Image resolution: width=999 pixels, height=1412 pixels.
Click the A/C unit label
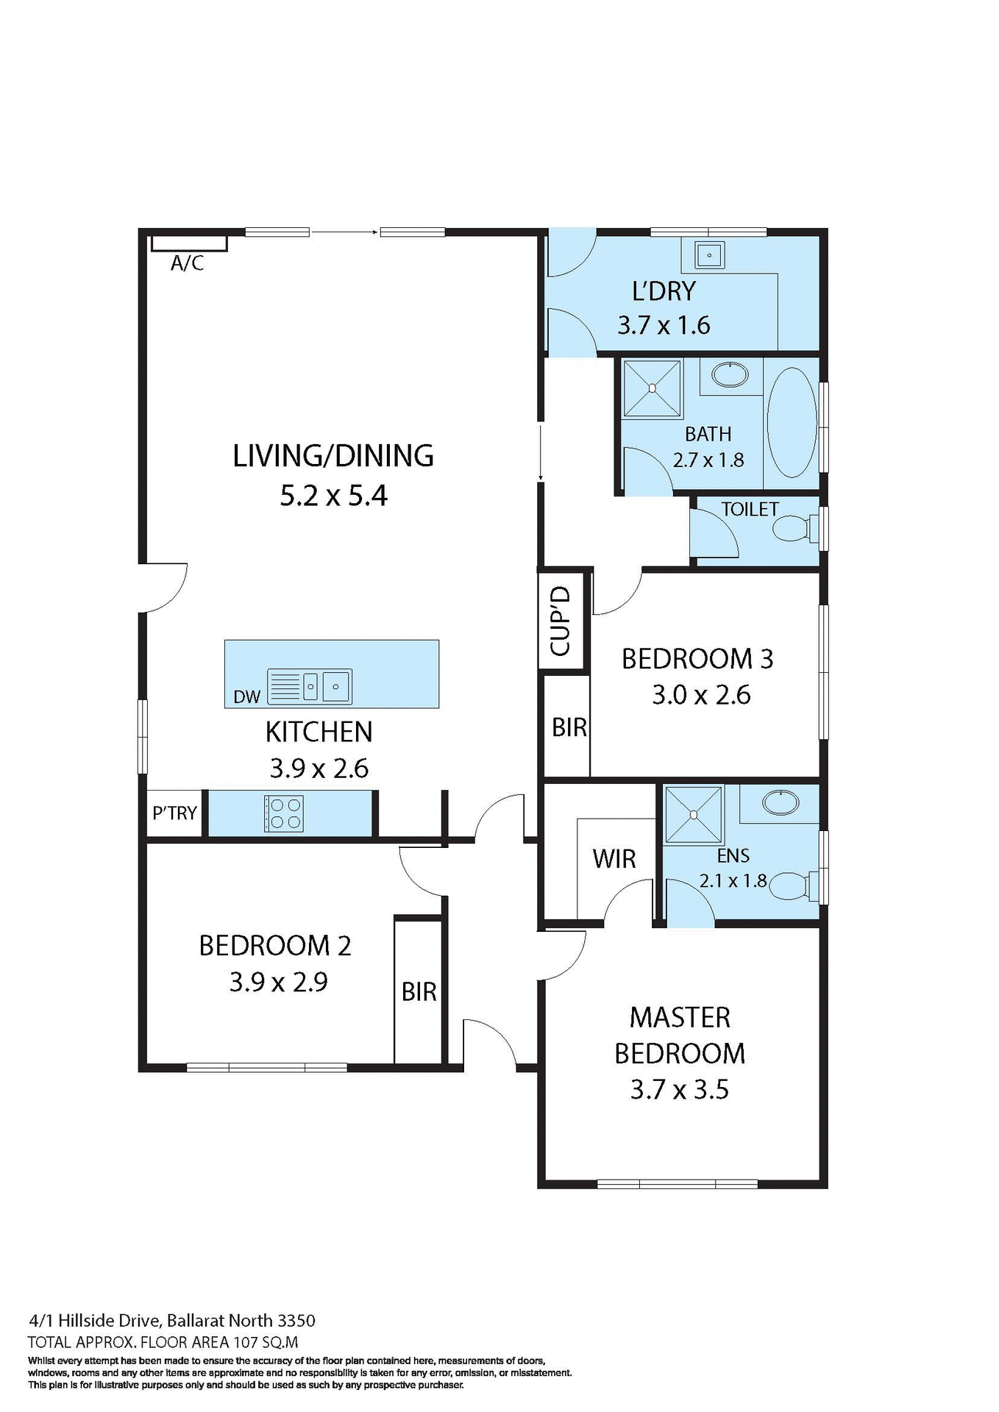click(x=187, y=263)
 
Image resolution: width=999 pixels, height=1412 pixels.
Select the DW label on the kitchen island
click(x=246, y=696)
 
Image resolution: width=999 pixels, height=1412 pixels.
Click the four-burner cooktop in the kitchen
click(x=285, y=813)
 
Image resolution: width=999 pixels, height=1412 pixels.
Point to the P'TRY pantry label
click(x=174, y=813)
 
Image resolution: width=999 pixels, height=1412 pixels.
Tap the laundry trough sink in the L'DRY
click(x=709, y=255)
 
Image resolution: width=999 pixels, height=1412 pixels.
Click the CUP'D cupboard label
click(x=561, y=621)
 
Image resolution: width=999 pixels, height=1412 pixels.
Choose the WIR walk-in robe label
click(x=614, y=858)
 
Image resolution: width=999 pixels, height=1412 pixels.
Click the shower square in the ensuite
click(x=694, y=814)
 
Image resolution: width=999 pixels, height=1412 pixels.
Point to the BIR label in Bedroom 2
click(x=419, y=992)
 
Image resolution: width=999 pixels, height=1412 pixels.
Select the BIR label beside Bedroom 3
click(x=569, y=727)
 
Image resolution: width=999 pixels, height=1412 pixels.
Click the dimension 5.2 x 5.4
click(x=333, y=496)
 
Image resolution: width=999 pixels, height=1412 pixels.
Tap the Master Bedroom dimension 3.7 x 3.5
click(x=679, y=1089)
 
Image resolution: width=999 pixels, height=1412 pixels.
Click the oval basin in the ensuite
click(x=781, y=802)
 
